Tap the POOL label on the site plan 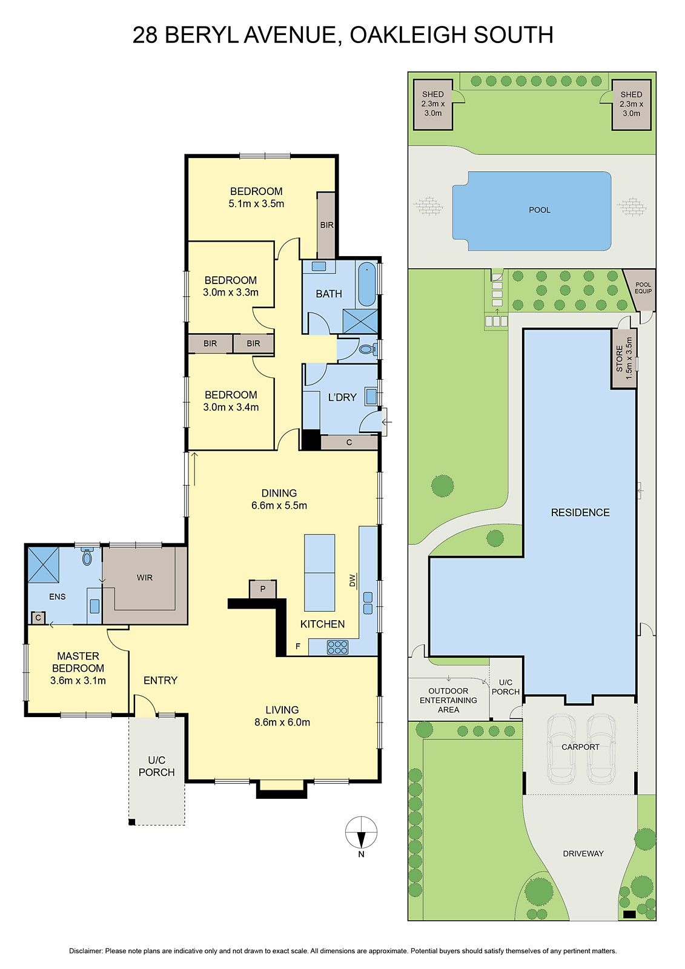539,210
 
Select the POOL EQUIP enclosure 642,288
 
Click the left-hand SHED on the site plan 432,104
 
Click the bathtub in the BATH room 366,284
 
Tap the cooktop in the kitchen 337,647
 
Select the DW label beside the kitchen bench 352,581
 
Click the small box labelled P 263,589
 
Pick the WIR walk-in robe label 145,578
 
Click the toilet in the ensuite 87,557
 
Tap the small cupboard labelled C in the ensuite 38,618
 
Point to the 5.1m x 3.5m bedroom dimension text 256,204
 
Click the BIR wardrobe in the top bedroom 326,225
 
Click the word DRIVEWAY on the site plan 583,853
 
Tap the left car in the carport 561,749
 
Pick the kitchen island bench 319,572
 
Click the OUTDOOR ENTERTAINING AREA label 448,700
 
